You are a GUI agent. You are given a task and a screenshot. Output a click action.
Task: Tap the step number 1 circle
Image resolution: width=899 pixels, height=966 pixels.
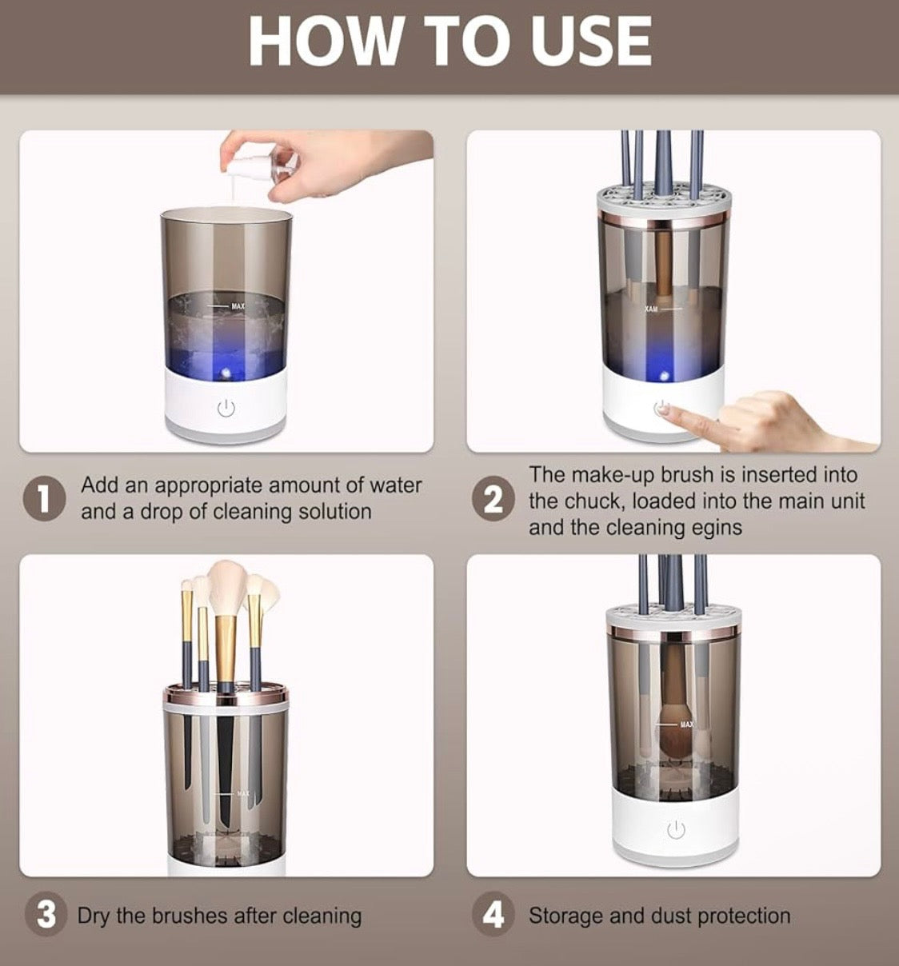pyautogui.click(x=44, y=499)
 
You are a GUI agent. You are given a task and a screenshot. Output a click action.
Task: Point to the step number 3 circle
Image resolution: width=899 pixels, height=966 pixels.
pyautogui.click(x=46, y=915)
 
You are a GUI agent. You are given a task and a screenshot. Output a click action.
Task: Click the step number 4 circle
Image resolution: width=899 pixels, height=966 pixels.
pyautogui.click(x=494, y=915)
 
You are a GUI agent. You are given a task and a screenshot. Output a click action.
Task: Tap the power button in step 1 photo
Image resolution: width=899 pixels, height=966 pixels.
pyautogui.click(x=226, y=409)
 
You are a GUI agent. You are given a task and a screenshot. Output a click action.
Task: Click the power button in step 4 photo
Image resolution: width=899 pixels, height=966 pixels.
pyautogui.click(x=676, y=830)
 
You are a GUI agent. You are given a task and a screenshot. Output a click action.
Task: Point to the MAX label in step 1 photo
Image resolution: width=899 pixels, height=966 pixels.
pyautogui.click(x=238, y=306)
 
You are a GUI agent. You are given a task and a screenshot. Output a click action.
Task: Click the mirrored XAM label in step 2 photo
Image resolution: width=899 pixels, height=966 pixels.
pyautogui.click(x=651, y=309)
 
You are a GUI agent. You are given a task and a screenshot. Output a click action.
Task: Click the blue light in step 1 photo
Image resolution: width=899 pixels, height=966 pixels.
pyautogui.click(x=226, y=373)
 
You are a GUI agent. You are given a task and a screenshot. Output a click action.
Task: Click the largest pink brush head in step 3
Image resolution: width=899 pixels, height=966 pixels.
pyautogui.click(x=226, y=588)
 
